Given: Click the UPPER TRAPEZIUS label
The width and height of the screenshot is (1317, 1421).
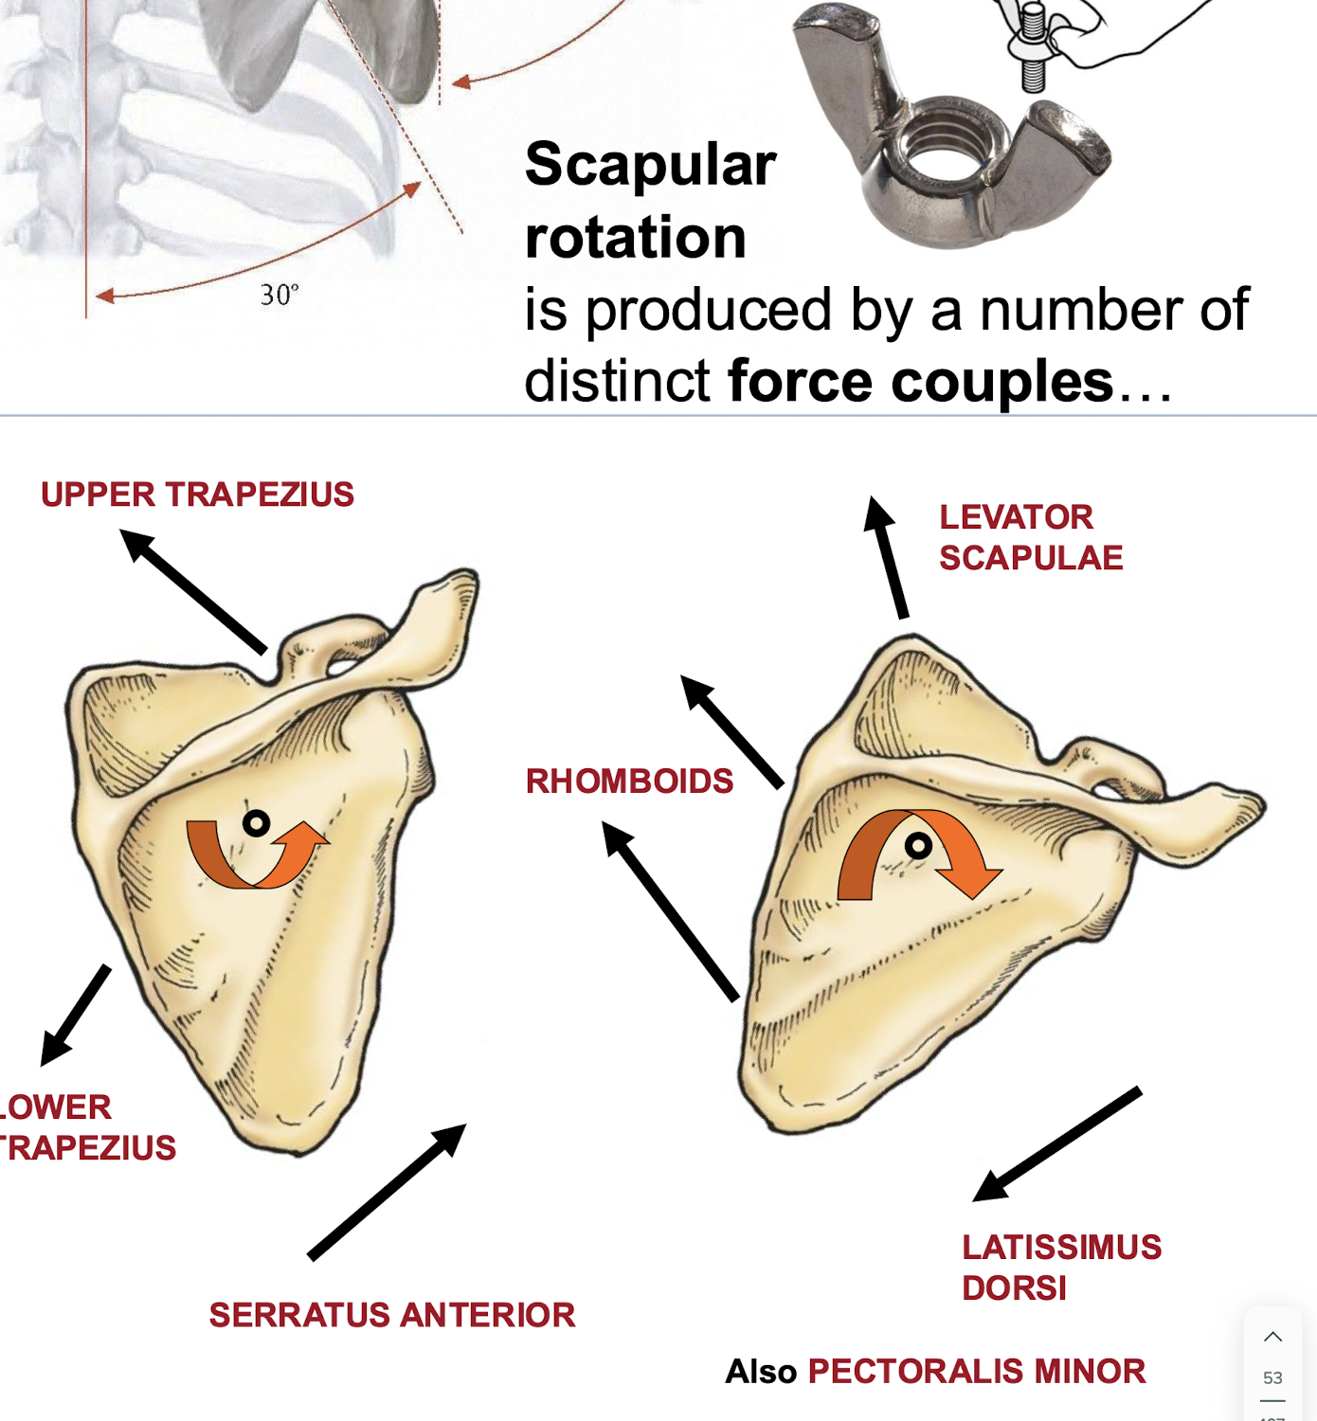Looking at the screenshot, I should tap(197, 495).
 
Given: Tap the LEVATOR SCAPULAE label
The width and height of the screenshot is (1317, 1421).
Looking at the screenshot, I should tap(1030, 537).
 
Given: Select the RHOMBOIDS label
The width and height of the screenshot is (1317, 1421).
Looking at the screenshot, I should tap(629, 782).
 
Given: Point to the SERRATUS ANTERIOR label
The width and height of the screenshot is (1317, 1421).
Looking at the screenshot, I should tap(392, 1315).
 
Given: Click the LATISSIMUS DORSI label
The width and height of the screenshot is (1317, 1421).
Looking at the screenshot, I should tap(1061, 1268).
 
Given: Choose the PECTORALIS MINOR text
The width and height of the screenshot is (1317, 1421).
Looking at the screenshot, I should tap(976, 1371).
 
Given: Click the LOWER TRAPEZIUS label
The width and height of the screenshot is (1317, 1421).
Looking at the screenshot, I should tap(85, 1127).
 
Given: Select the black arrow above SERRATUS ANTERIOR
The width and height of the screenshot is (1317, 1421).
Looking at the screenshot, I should tap(387, 1192).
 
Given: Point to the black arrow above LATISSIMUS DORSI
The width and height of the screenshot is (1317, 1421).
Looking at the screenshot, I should tap(1057, 1144).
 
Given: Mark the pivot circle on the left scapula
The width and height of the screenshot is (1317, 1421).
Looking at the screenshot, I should tap(256, 823).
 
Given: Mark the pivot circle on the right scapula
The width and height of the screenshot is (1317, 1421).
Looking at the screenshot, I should tap(918, 845).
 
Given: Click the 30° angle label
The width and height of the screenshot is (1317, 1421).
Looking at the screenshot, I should tap(280, 296).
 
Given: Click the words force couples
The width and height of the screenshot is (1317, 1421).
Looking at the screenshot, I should tap(920, 382).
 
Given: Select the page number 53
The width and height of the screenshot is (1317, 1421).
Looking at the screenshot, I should tap(1272, 1377).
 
